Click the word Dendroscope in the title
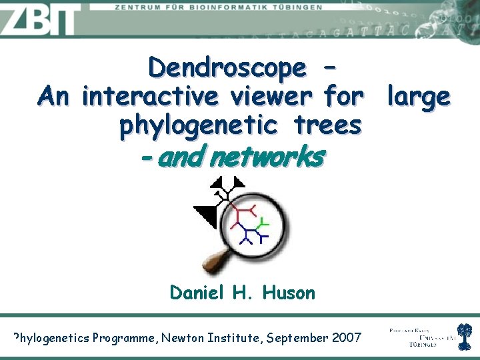[227, 67]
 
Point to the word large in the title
[418, 97]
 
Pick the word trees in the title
[330, 125]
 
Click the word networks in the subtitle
[266, 157]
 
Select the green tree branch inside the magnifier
[263, 223]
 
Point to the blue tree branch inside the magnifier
[251, 235]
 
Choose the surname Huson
[289, 292]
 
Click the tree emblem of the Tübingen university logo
[464, 336]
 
